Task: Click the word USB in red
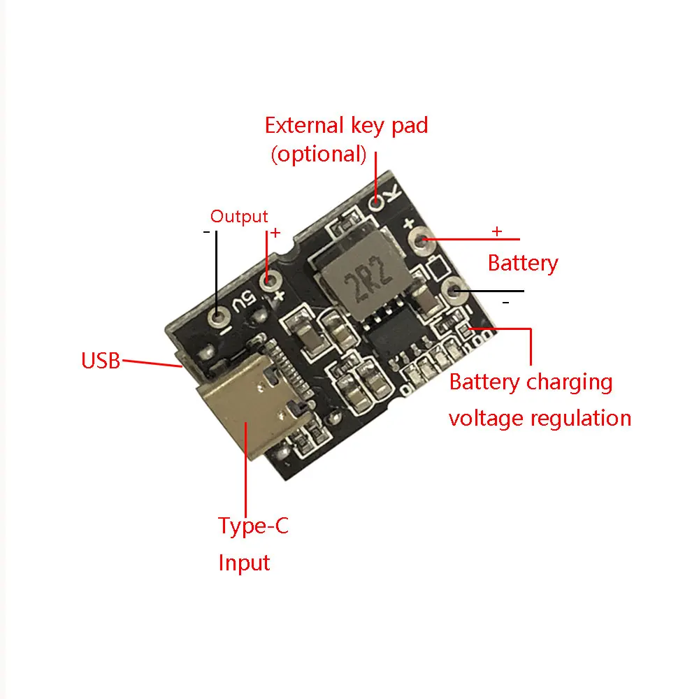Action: click(101, 361)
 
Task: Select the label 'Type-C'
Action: click(252, 526)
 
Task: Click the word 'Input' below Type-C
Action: click(244, 563)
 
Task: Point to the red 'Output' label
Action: click(239, 217)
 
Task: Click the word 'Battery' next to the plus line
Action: click(523, 264)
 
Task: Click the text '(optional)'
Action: click(319, 154)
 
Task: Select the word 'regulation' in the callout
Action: click(580, 418)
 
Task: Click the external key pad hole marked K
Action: click(377, 203)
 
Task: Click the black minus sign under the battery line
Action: click(506, 302)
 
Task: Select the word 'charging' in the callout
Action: click(569, 382)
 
